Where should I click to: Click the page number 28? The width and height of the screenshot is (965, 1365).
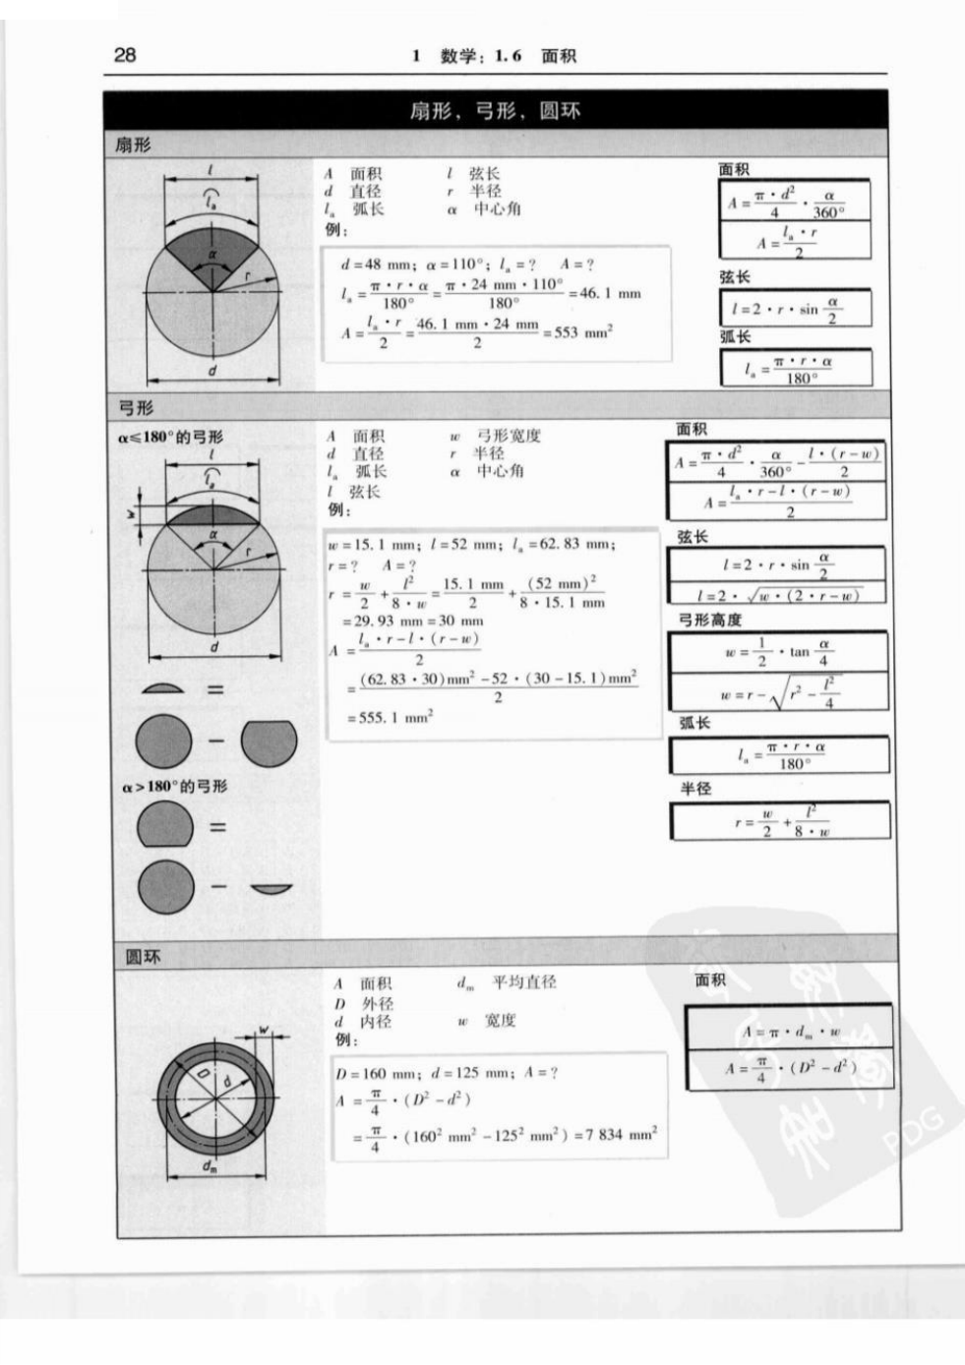pyautogui.click(x=125, y=54)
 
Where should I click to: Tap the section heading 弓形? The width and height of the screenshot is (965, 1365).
pyautogui.click(x=136, y=407)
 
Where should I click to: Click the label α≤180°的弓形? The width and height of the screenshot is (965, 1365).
pyautogui.click(x=172, y=437)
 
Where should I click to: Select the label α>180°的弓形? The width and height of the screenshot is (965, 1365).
pyautogui.click(x=174, y=787)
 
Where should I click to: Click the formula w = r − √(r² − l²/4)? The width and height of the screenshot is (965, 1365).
pyautogui.click(x=778, y=692)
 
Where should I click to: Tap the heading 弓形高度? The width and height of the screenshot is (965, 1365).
pyautogui.click(x=710, y=620)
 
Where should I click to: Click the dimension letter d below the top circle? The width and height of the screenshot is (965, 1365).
pyautogui.click(x=211, y=372)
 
